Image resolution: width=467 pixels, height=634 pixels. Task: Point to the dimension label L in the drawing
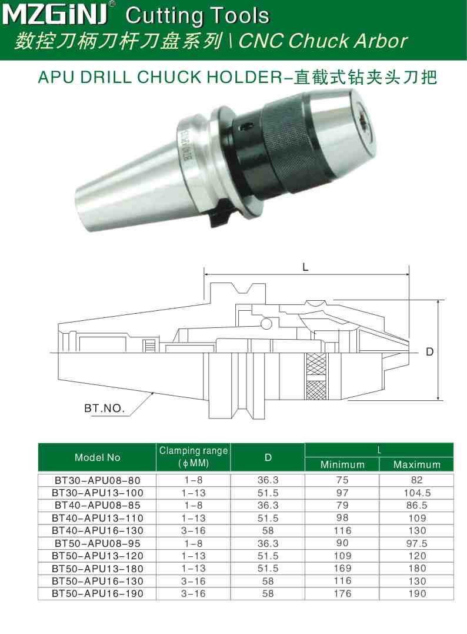point(305,266)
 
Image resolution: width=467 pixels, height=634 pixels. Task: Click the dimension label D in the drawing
point(429,352)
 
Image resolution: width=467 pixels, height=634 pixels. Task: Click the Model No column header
point(97,457)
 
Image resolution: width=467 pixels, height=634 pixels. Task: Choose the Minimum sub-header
point(342,464)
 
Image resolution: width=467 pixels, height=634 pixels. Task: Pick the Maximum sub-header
point(417,464)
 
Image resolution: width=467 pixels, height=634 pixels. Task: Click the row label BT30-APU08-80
point(97,480)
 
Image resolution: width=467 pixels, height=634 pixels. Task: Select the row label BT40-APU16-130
point(97,530)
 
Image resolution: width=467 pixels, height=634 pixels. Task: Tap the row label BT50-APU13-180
point(97,569)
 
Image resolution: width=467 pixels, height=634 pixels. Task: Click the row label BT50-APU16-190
point(97,594)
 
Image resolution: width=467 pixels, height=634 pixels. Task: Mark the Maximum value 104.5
point(417,493)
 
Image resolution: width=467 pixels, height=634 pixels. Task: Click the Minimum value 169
point(342,569)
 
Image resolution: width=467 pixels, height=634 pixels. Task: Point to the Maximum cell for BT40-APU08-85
point(417,505)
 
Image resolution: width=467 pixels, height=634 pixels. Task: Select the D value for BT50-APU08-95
point(268,543)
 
